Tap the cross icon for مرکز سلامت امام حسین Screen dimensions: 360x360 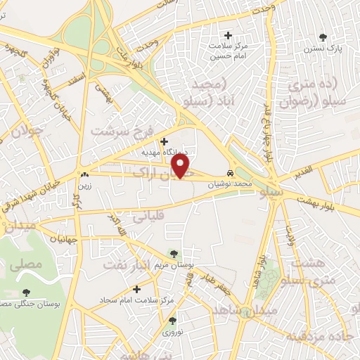pos(227,35)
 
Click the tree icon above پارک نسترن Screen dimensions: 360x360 pos(323,37)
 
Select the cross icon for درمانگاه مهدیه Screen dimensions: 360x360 pos(164,141)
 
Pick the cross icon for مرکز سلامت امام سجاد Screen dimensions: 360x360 pos(136,289)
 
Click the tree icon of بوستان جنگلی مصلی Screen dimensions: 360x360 pos(27,292)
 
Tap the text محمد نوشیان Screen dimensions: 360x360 pos(229,182)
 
